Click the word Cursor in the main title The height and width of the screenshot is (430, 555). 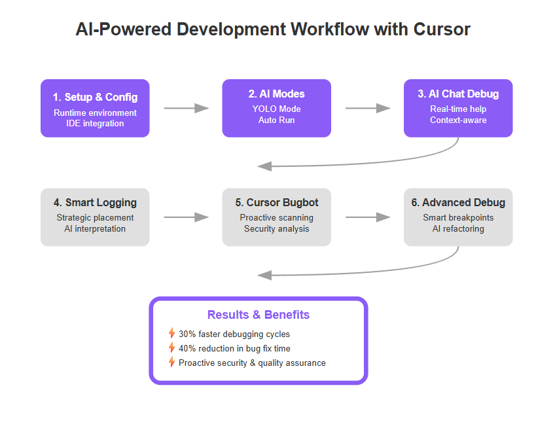[442, 29]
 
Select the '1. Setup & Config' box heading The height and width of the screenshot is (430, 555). [95, 97]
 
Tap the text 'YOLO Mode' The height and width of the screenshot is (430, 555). [276, 109]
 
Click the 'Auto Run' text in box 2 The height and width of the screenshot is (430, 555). [276, 120]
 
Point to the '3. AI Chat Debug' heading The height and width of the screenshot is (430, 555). [458, 94]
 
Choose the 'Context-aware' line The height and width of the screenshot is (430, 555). [458, 120]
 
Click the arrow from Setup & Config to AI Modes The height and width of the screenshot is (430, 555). [186, 108]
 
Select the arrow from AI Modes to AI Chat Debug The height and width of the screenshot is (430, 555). [368, 108]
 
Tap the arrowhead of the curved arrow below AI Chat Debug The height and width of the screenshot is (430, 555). [264, 166]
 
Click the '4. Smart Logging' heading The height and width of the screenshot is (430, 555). [95, 202]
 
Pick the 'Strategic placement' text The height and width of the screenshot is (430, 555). [95, 218]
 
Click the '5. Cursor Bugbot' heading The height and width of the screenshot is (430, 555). [276, 202]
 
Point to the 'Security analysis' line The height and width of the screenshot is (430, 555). [276, 229]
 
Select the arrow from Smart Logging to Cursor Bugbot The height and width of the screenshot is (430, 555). [186, 217]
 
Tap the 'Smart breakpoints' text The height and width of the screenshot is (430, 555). [458, 218]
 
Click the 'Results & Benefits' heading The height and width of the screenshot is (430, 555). [259, 315]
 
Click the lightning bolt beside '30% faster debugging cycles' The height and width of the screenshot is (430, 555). [171, 333]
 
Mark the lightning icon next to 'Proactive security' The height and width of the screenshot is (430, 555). [171, 362]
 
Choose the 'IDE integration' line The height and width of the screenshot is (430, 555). [95, 124]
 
